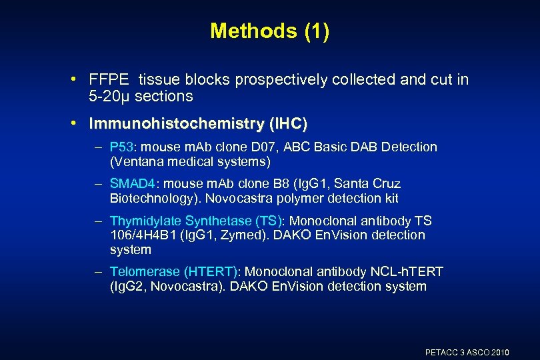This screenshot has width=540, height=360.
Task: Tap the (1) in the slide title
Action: (316, 31)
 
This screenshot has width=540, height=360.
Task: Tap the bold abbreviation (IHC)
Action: (287, 124)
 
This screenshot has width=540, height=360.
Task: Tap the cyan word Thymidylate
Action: (143, 221)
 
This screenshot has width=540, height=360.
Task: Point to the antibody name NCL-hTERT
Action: (406, 272)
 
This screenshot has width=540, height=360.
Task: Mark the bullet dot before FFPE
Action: (79, 80)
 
